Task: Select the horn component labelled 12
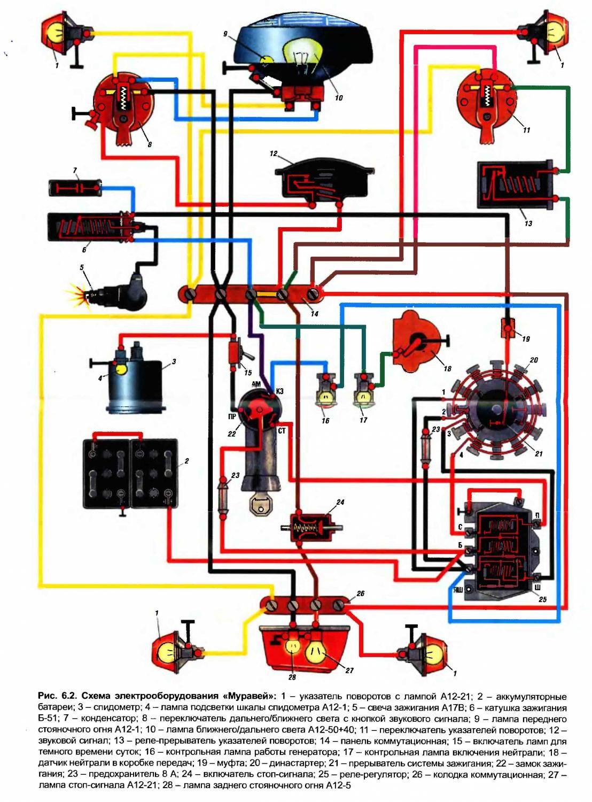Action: pos(323,182)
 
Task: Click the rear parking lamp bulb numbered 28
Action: pos(292,646)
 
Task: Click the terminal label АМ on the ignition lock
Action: pos(256,384)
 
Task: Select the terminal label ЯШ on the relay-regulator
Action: pos(458,590)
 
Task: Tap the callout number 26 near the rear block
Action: pos(361,593)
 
